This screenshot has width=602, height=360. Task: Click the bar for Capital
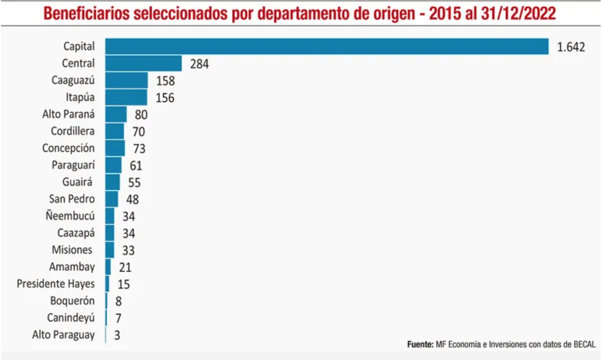coord(327,47)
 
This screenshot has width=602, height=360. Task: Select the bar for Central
coord(143,64)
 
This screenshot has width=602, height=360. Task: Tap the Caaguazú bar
coord(126,81)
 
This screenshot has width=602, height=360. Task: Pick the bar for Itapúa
coord(126,98)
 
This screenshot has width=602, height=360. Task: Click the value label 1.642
coord(571,47)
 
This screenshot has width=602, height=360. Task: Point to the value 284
coord(199,64)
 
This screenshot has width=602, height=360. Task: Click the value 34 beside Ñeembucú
coord(128,216)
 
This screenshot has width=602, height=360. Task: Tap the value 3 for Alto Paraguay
coord(117,335)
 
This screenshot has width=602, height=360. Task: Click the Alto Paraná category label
coord(68,114)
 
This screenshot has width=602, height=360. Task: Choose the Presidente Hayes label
coord(55,284)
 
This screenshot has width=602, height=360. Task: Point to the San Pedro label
coord(72,199)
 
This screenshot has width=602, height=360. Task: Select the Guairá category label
coord(77,182)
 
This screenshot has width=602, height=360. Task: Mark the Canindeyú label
coord(71,317)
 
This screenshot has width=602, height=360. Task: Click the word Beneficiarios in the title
coord(86,14)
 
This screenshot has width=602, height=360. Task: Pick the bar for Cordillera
coord(115,131)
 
